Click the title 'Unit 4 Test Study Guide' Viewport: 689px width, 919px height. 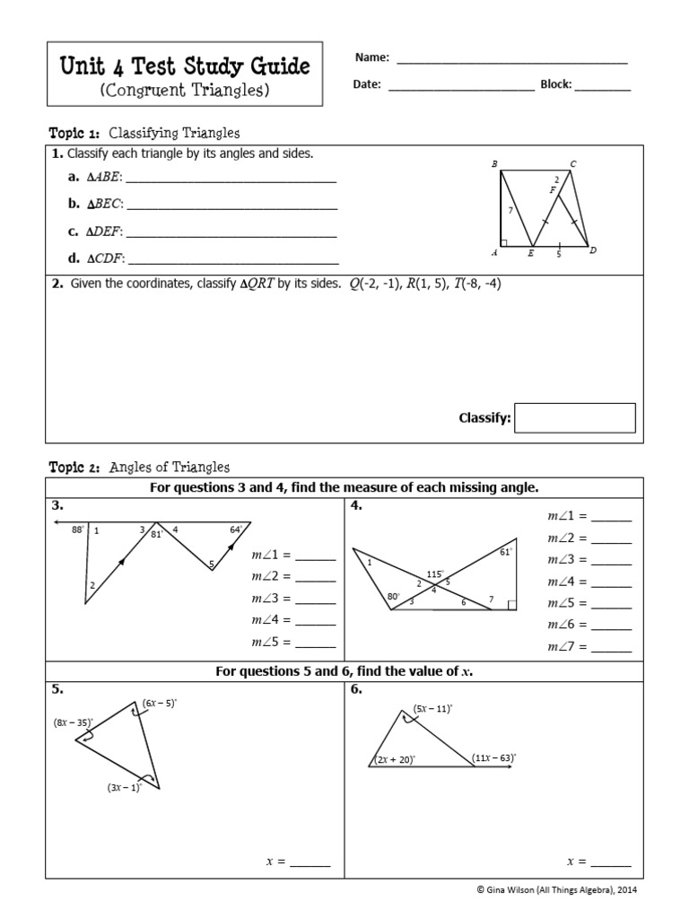click(x=184, y=66)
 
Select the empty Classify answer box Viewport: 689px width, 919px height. click(x=575, y=418)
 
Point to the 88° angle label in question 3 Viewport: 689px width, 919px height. click(x=77, y=530)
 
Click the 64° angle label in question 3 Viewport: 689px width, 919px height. click(x=236, y=530)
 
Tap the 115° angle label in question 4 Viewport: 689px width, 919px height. click(x=436, y=573)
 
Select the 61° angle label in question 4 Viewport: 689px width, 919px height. click(x=505, y=553)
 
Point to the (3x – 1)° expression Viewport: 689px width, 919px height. click(x=124, y=788)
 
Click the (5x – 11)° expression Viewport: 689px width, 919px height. click(x=432, y=708)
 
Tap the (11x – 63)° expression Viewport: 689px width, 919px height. click(x=494, y=758)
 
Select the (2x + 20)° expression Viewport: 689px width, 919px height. click(x=394, y=759)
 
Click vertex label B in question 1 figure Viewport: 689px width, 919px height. click(x=494, y=164)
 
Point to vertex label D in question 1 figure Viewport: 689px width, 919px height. click(x=592, y=251)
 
